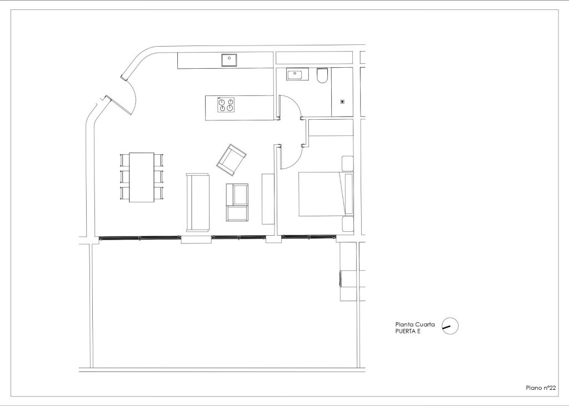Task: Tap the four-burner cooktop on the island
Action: (x=226, y=104)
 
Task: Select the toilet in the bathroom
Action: (x=322, y=75)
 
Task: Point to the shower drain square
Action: (x=342, y=101)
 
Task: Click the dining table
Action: (x=141, y=177)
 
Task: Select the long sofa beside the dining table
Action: (x=197, y=202)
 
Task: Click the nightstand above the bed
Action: (x=348, y=164)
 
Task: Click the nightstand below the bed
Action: (x=348, y=224)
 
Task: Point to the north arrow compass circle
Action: (x=450, y=326)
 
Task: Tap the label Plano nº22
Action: (x=541, y=388)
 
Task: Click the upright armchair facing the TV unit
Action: (x=238, y=202)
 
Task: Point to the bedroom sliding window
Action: (x=309, y=237)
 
